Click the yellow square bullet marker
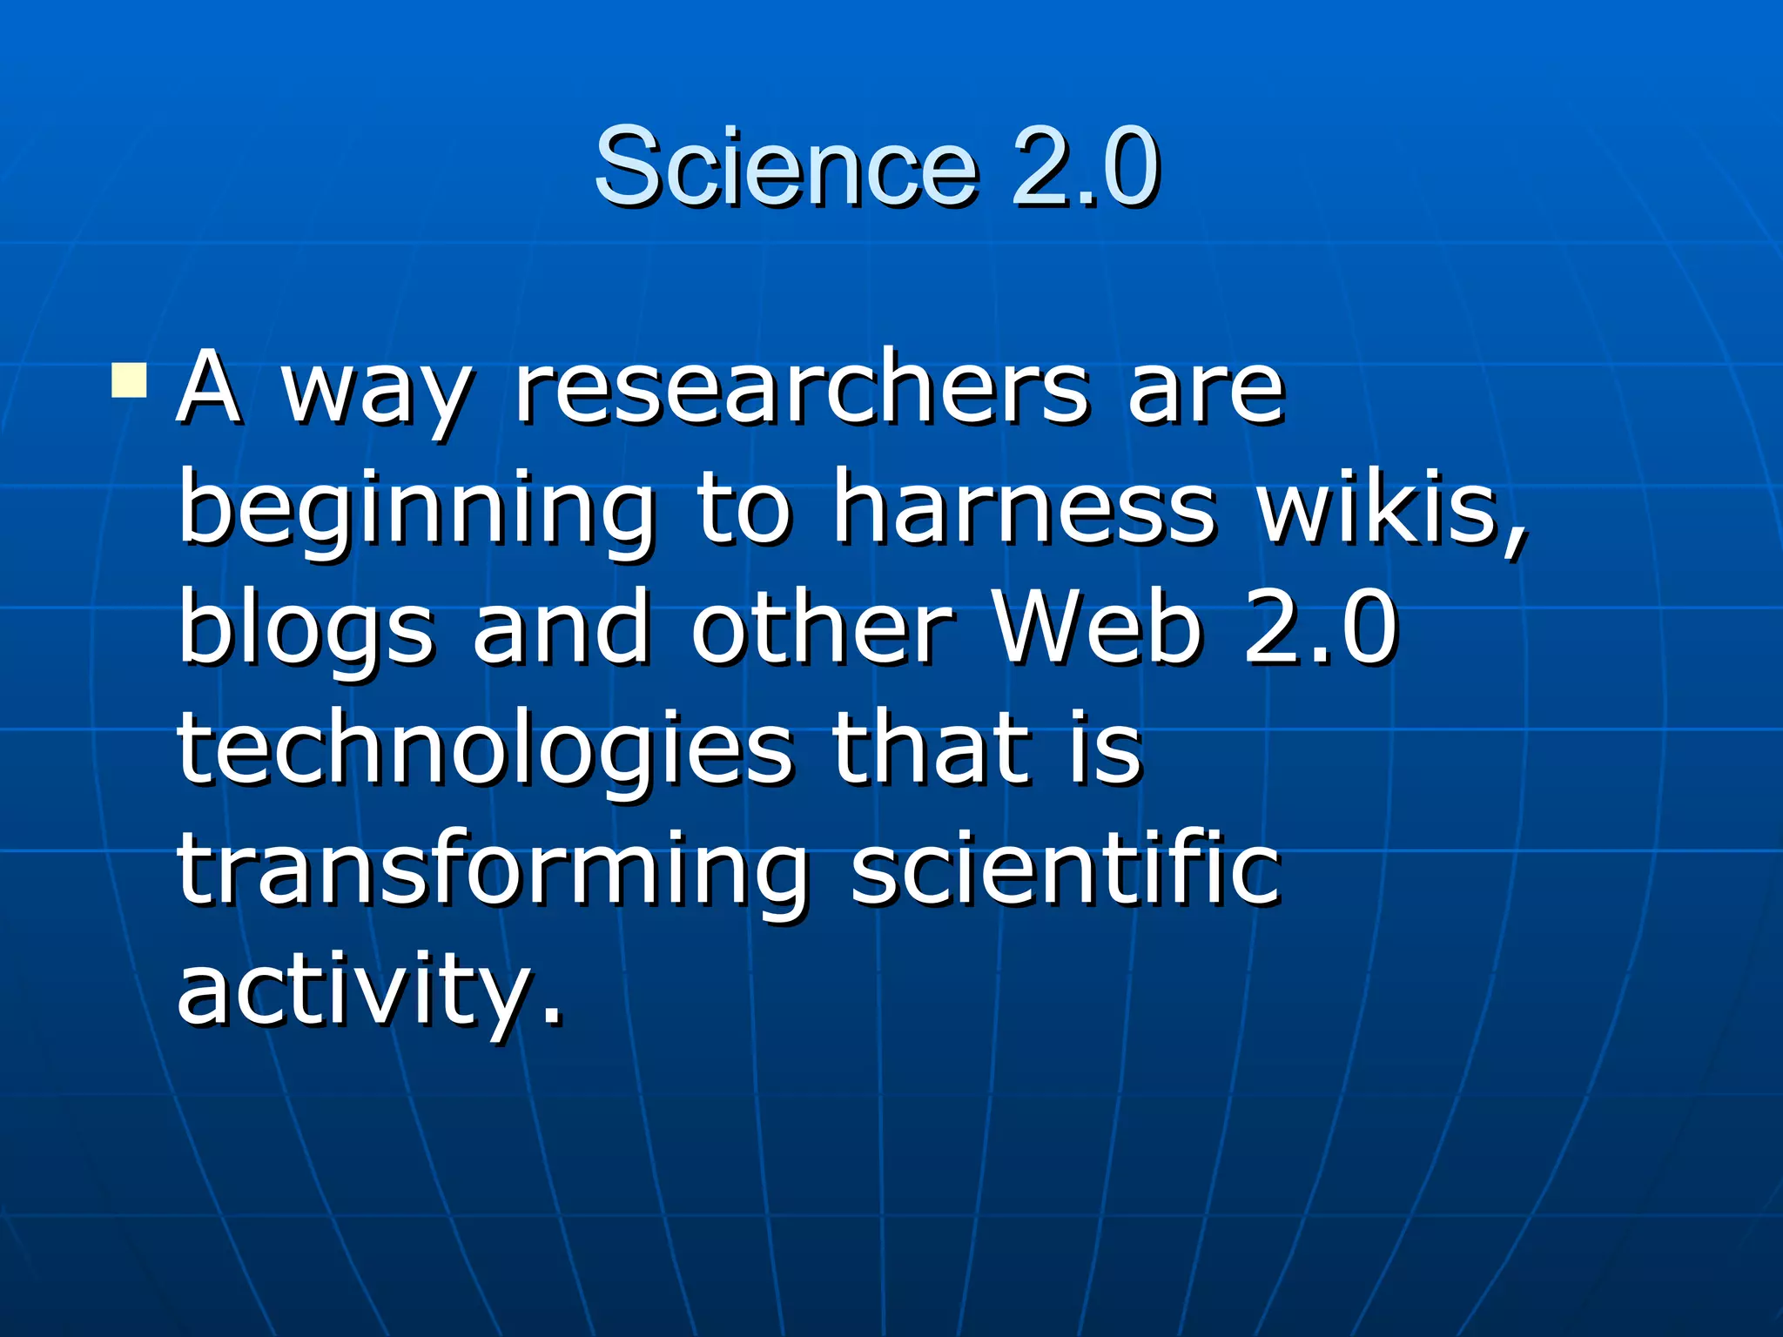(129, 380)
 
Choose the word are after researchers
(1205, 392)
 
